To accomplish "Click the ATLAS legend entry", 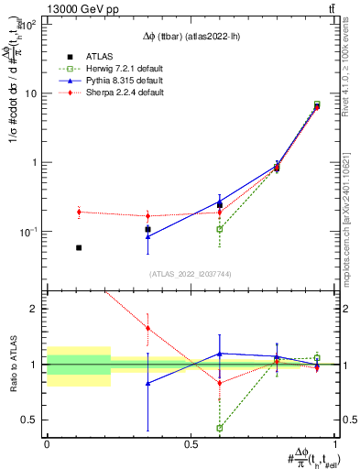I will (x=97, y=55).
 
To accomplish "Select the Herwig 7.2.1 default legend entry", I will (x=118, y=68).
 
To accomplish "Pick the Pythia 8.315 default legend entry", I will (x=118, y=81).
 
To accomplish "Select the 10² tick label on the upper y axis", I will (x=29, y=25).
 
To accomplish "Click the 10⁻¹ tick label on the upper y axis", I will (x=29, y=232).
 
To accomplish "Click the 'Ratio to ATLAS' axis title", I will (x=12, y=364).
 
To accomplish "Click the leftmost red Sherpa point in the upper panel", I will (x=79, y=212).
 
